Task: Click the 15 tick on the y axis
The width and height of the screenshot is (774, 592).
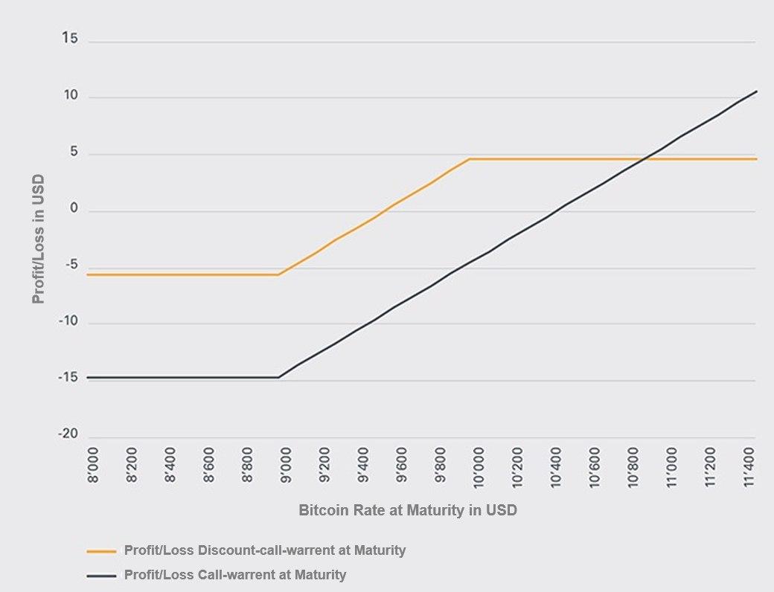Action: [x=69, y=39]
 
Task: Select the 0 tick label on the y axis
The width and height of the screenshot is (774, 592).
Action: [x=74, y=209]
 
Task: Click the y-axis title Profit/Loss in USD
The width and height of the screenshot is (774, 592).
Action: [x=38, y=238]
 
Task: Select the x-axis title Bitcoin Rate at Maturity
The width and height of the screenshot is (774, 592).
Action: [x=407, y=511]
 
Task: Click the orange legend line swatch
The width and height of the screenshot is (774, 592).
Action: [x=101, y=551]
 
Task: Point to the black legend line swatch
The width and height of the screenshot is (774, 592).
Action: [x=101, y=575]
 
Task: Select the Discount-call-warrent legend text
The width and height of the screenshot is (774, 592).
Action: [x=264, y=550]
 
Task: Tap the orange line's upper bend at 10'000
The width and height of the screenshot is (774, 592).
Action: [x=470, y=159]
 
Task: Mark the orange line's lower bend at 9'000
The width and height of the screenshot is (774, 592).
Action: [x=279, y=274]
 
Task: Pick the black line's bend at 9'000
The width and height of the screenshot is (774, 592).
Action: [x=280, y=377]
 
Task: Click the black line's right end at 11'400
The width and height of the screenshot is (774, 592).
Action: [x=756, y=91]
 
